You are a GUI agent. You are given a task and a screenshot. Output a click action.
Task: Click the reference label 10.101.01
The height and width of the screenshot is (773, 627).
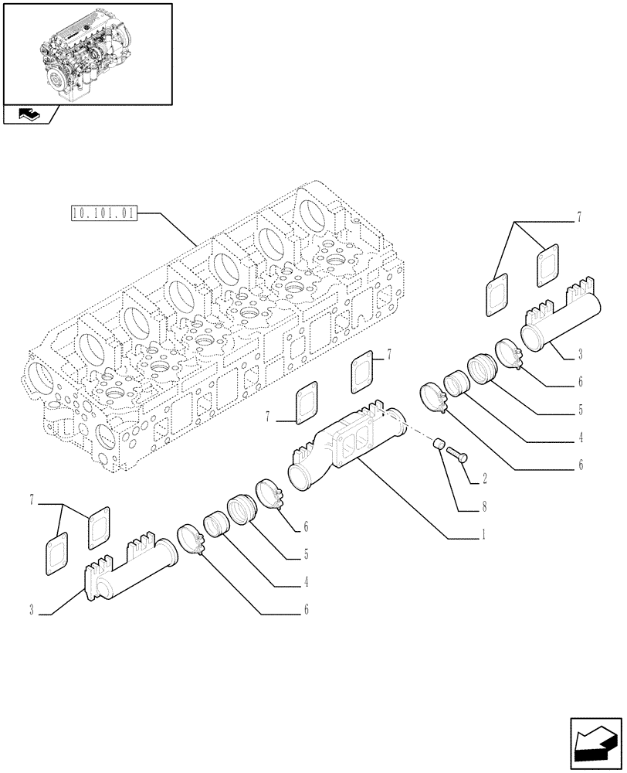(103, 213)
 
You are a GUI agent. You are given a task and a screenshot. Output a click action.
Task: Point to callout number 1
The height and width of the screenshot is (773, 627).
(483, 534)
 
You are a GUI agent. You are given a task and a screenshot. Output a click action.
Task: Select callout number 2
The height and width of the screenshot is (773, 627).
(484, 479)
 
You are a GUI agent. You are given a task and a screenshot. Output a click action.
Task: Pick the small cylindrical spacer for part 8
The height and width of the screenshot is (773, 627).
(438, 445)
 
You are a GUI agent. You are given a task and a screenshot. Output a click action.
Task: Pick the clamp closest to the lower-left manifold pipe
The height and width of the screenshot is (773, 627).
(190, 539)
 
